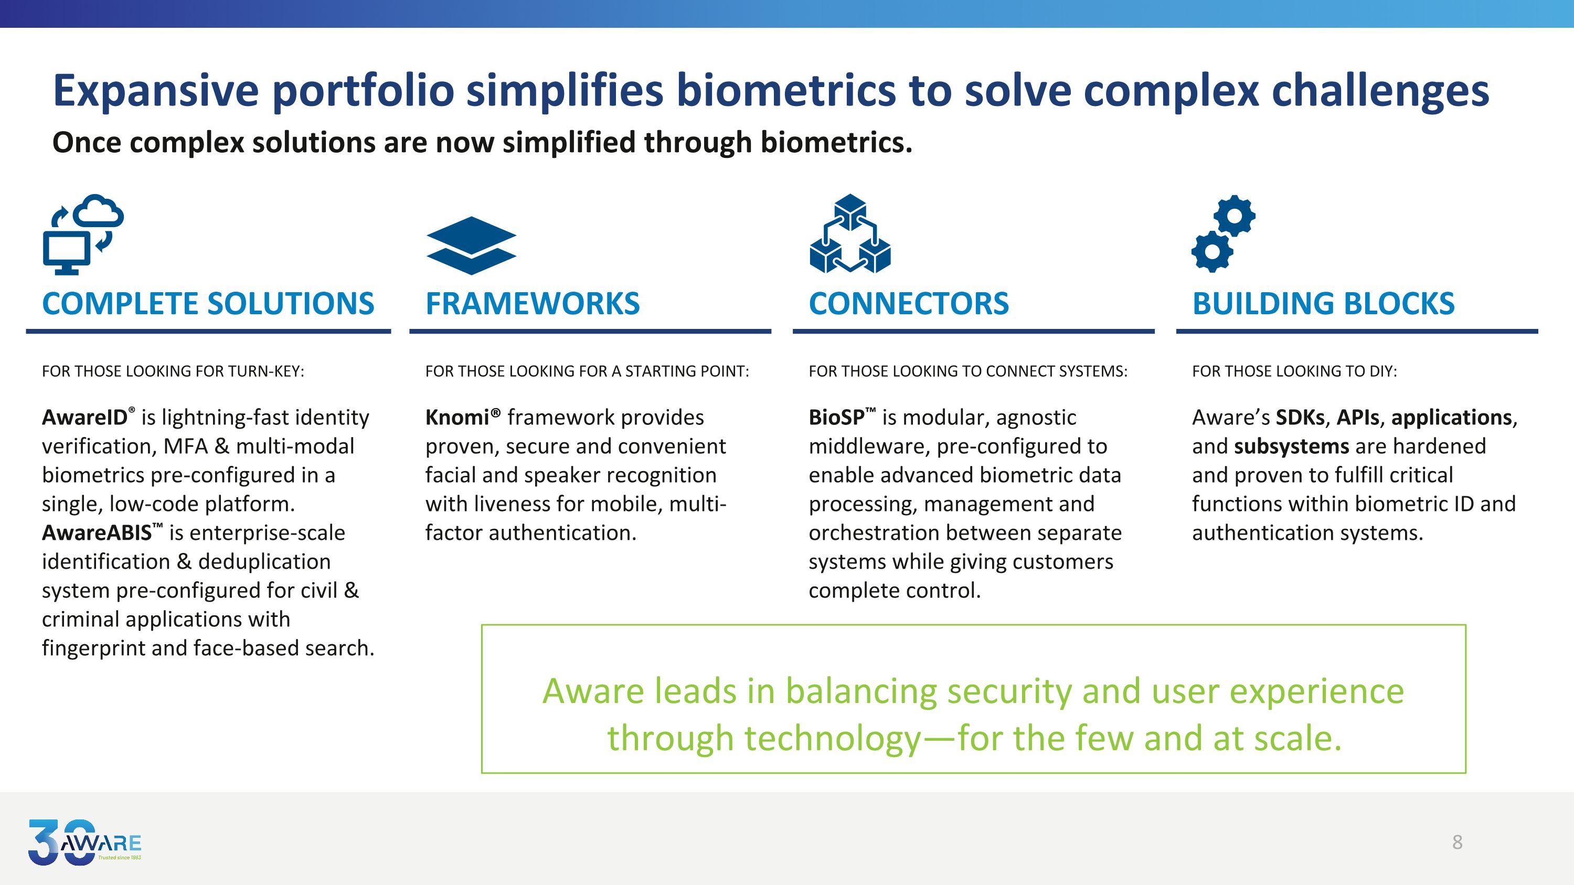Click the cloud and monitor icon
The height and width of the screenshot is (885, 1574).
pyautogui.click(x=83, y=234)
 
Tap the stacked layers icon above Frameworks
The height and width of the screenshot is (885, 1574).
pyautogui.click(x=471, y=246)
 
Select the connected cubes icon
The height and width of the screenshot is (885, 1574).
pyautogui.click(x=850, y=233)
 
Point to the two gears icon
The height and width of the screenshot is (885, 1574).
pyautogui.click(x=1224, y=233)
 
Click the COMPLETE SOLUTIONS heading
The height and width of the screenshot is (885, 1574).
pyautogui.click(x=208, y=304)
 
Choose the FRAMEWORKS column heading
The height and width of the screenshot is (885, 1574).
pyautogui.click(x=532, y=304)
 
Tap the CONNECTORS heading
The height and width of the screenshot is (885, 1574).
pyautogui.click(x=909, y=304)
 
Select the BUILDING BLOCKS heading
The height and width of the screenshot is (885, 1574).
pyautogui.click(x=1324, y=304)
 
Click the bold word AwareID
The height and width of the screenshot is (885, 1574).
pyautogui.click(x=84, y=417)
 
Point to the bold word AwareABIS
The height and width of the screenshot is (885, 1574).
pyautogui.click(x=97, y=532)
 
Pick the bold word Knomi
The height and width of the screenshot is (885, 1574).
pyautogui.click(x=457, y=417)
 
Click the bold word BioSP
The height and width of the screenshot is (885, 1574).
pyautogui.click(x=836, y=417)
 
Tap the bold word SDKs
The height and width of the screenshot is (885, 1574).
pyautogui.click(x=1300, y=417)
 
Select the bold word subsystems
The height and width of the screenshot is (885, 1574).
pyautogui.click(x=1291, y=446)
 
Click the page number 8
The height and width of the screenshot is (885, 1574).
pyautogui.click(x=1458, y=843)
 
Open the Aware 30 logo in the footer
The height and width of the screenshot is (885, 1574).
pyautogui.click(x=85, y=843)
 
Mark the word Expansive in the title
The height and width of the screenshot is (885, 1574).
pyautogui.click(x=156, y=91)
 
